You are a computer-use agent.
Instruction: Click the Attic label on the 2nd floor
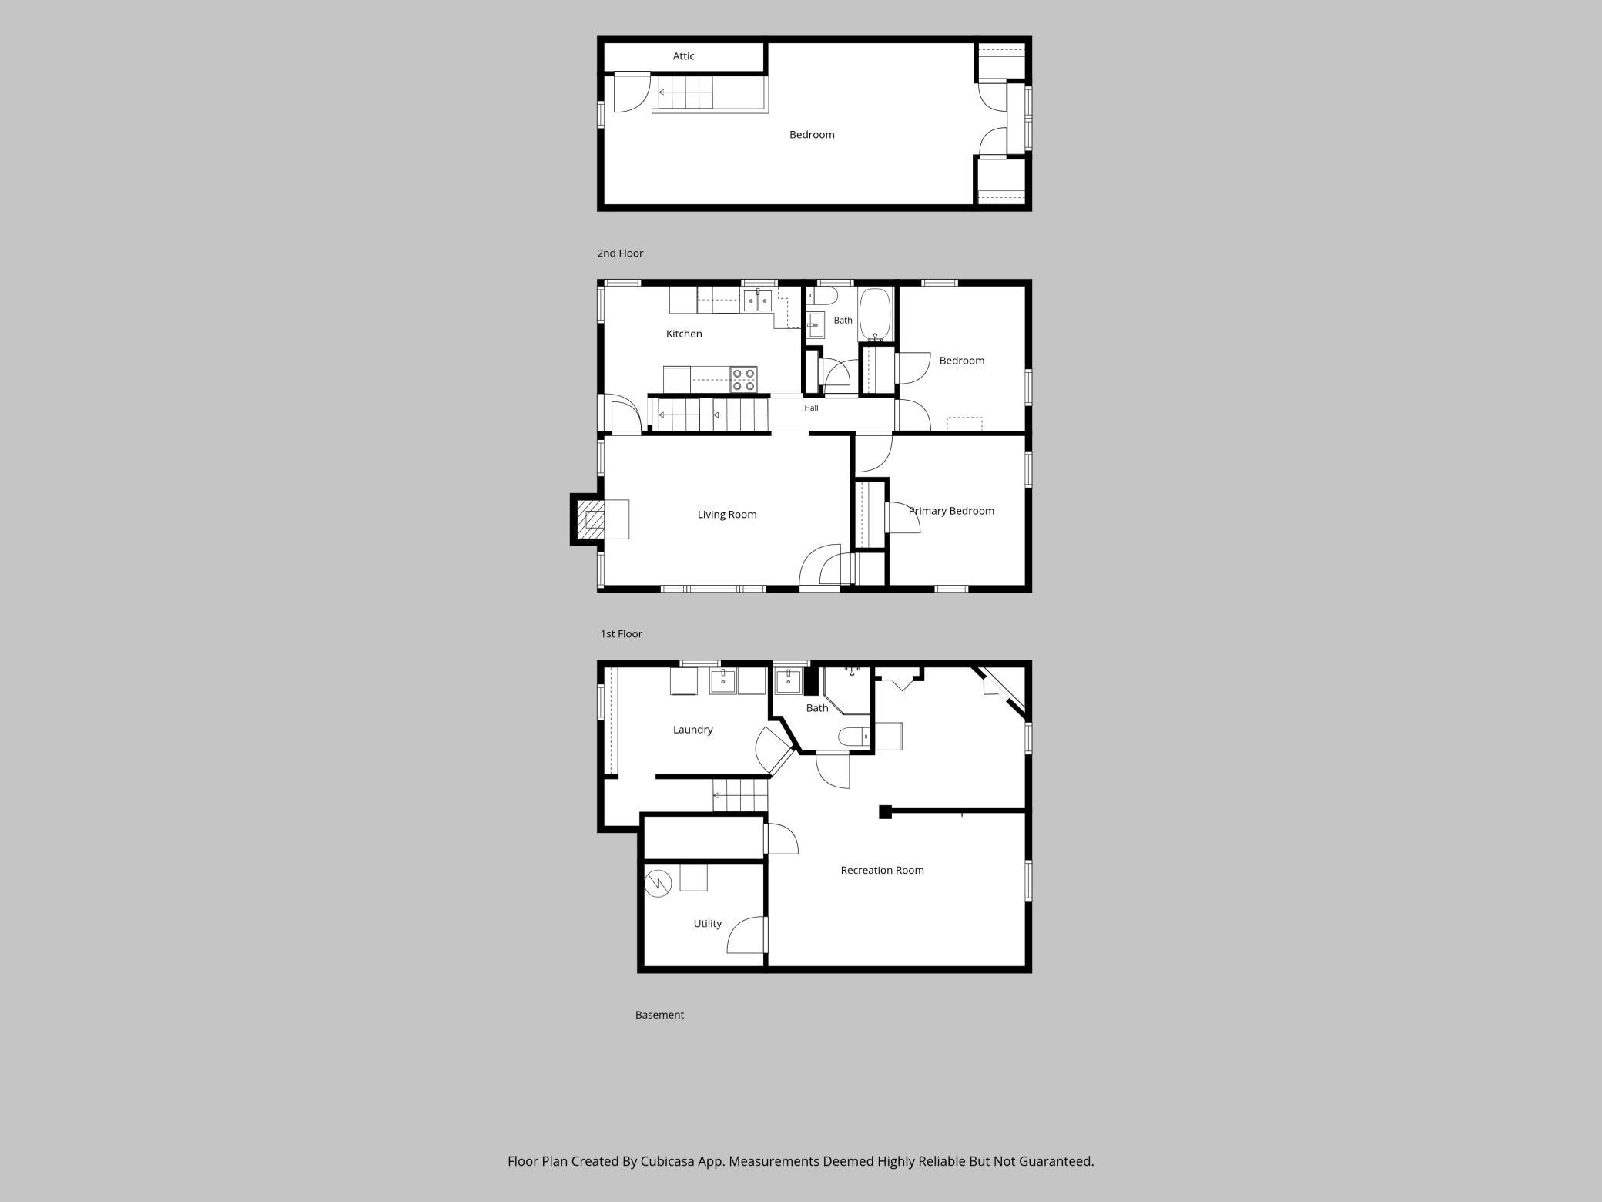[x=683, y=56]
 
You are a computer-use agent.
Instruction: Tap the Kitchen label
[x=684, y=334]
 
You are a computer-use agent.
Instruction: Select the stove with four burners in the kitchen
[x=744, y=380]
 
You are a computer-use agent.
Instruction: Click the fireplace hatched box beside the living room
[x=592, y=519]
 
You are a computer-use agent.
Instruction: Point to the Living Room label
[x=727, y=515]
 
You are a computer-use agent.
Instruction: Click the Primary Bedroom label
[x=951, y=511]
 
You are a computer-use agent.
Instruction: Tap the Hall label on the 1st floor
[x=811, y=408]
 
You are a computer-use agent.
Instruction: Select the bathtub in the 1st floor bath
[x=875, y=314]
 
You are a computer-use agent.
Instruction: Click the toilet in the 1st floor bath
[x=822, y=296]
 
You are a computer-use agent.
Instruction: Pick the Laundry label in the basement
[x=692, y=730]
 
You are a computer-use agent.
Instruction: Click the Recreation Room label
[x=882, y=870]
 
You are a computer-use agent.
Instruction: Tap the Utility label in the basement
[x=707, y=924]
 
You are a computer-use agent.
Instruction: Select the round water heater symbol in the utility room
[x=659, y=883]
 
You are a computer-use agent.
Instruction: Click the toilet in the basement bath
[x=854, y=737]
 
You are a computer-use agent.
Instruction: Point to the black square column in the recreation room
[x=885, y=811]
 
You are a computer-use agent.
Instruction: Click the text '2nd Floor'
[x=620, y=253]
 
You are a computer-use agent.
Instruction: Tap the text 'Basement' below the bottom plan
[x=659, y=1015]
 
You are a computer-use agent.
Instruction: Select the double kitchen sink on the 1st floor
[x=757, y=300]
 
